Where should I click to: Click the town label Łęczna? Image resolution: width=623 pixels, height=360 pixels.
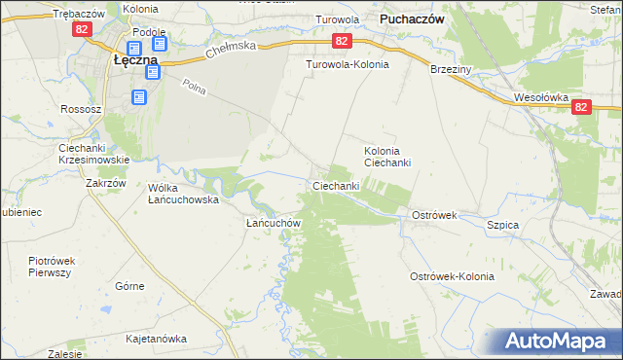[x=129, y=59]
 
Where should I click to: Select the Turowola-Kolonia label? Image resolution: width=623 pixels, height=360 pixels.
[x=348, y=64]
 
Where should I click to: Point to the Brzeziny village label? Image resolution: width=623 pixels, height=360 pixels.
[x=451, y=70]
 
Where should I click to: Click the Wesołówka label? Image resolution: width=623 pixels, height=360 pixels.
[x=540, y=97]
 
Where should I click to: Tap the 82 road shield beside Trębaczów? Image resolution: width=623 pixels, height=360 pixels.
[x=81, y=30]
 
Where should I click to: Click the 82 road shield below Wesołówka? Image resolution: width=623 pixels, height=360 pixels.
[x=580, y=109]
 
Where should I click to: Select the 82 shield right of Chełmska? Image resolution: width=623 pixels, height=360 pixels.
[x=342, y=42]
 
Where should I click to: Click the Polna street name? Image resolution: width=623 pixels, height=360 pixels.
[x=194, y=86]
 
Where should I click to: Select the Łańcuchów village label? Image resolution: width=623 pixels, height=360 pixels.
[x=272, y=223]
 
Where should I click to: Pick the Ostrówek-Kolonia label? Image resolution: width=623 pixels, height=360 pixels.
[x=452, y=276]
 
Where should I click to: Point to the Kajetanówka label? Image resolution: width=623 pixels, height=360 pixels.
[x=156, y=340]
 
